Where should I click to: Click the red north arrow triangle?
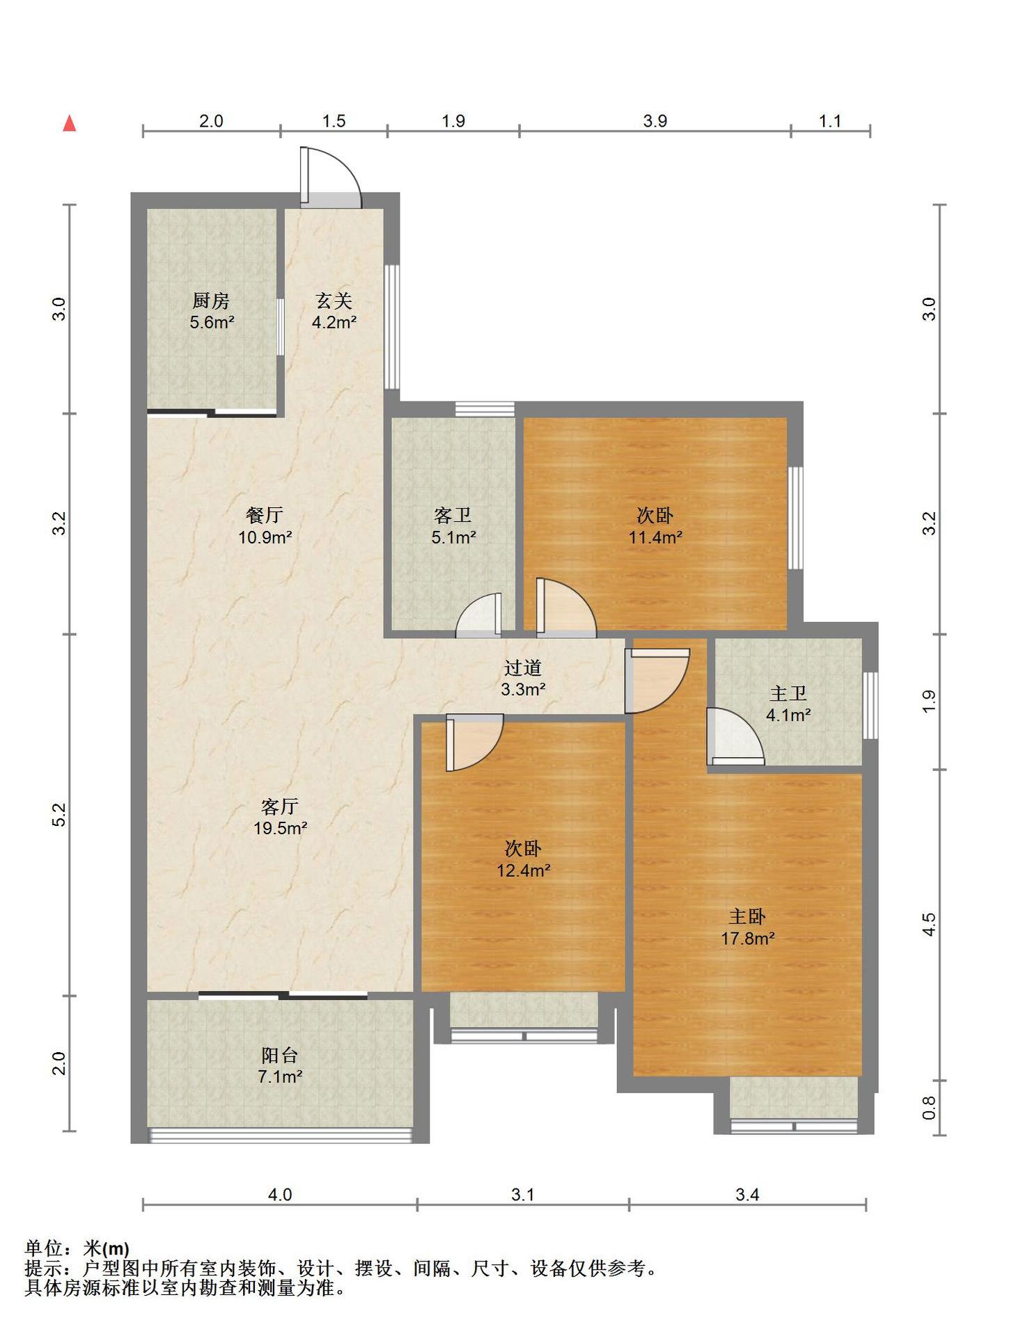[70, 123]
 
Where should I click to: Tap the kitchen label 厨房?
[211, 301]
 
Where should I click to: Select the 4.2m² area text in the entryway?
[334, 322]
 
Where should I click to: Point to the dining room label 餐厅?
[265, 515]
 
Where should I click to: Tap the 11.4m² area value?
[655, 537]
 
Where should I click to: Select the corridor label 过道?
[523, 668]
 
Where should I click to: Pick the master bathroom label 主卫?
[788, 694]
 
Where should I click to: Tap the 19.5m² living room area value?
[281, 828]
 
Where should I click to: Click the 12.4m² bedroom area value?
[524, 870]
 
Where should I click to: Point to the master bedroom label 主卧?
[747, 917]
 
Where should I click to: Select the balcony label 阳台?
[280, 1056]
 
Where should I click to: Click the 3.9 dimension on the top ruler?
[655, 121]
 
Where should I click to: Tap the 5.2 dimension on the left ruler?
[59, 815]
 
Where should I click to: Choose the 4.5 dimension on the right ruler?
[929, 925]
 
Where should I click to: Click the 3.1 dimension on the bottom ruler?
[523, 1195]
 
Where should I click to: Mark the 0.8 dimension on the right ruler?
[929, 1108]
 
